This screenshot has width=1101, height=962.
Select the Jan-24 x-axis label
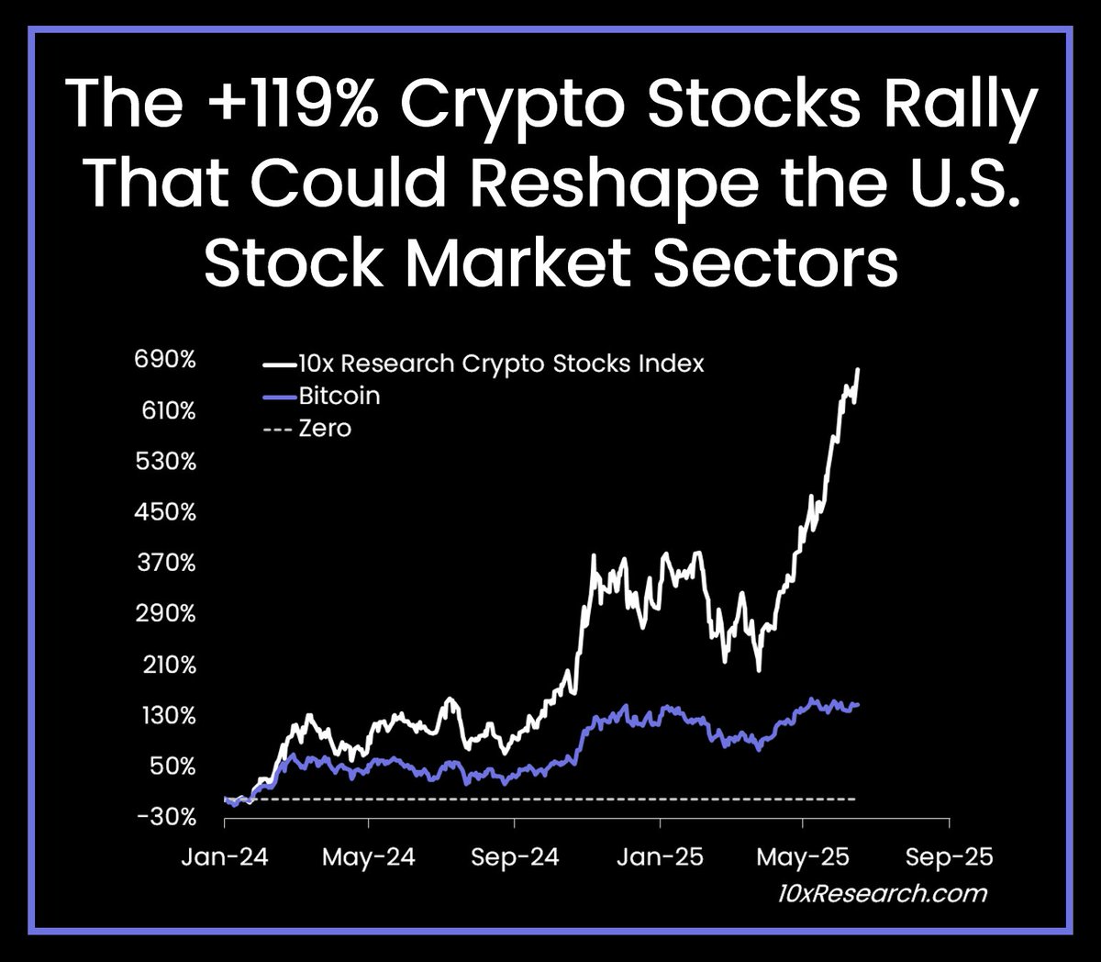pos(226,857)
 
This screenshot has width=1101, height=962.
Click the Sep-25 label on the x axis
pos(949,857)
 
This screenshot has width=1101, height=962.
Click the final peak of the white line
pos(858,369)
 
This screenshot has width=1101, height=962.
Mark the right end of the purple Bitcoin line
pos(858,704)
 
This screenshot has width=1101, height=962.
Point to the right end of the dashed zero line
pos(855,800)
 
